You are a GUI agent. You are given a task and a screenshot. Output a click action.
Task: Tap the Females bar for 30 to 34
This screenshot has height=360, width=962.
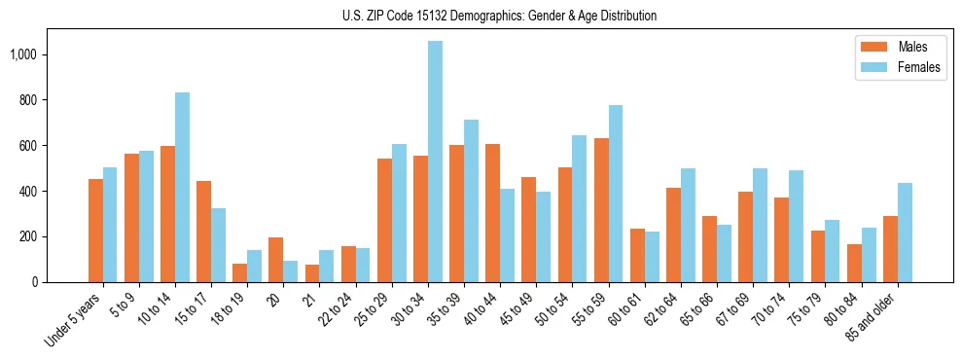[x=435, y=162]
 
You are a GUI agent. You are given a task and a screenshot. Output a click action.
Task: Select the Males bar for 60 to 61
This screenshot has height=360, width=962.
[x=637, y=255]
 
